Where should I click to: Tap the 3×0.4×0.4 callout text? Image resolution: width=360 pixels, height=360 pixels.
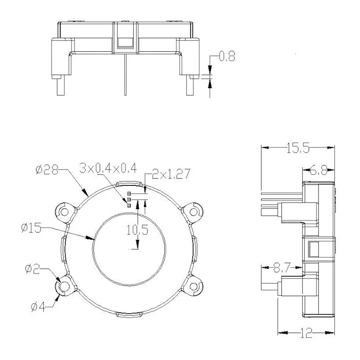click(108, 168)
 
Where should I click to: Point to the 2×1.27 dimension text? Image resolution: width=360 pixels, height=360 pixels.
click(171, 174)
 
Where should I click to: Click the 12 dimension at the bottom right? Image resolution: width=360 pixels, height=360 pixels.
click(306, 333)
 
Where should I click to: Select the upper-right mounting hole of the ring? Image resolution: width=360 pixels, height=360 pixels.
click(193, 211)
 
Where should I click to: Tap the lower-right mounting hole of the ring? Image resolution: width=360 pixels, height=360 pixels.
click(194, 286)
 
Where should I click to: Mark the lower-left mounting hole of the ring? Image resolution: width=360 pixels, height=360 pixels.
click(63, 286)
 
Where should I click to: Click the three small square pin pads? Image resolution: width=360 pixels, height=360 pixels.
click(129, 199)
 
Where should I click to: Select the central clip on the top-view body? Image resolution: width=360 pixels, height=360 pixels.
click(124, 38)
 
